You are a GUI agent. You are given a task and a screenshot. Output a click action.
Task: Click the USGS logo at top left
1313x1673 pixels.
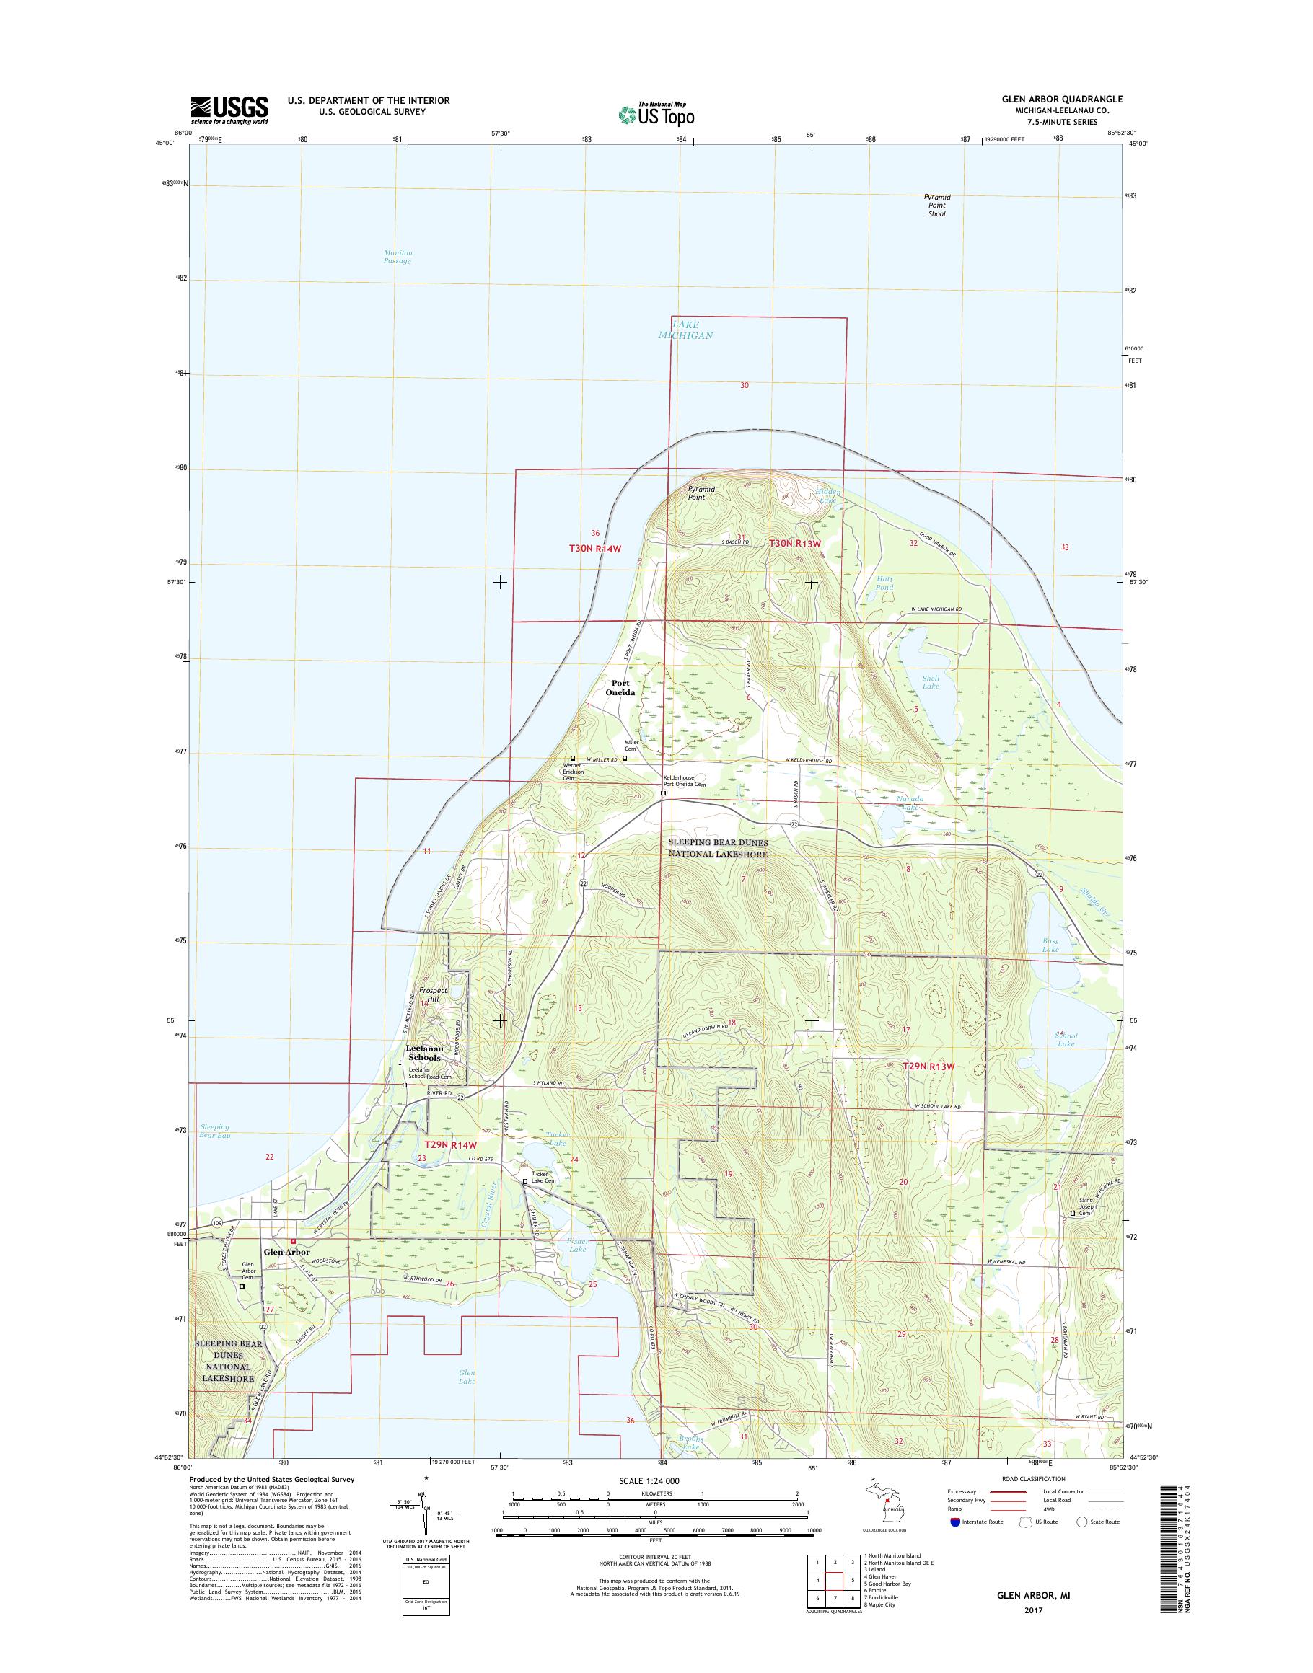click(x=229, y=109)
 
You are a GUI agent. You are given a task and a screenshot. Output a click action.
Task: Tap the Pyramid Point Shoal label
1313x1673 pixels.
click(x=936, y=206)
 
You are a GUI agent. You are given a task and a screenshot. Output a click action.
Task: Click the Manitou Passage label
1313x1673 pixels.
click(x=398, y=257)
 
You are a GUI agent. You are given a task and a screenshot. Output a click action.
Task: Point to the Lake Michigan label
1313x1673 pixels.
click(x=685, y=330)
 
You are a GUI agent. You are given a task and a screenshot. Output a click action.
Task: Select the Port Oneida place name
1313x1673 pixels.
click(x=623, y=687)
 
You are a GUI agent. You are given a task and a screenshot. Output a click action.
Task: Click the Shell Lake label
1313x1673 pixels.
click(x=930, y=681)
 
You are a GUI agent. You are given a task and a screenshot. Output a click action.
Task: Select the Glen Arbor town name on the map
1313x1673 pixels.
click(x=286, y=1252)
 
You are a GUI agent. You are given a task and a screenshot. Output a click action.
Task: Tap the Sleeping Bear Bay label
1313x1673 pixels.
click(x=214, y=1131)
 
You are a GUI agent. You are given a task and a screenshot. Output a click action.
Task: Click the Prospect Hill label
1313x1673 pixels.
click(x=434, y=995)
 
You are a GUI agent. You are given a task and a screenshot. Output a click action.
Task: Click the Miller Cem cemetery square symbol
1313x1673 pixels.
click(x=624, y=758)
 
